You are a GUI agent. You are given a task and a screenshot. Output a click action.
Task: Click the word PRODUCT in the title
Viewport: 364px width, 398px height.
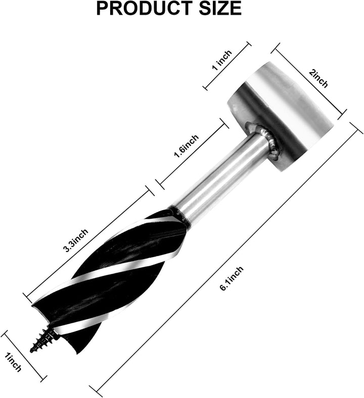click(x=144, y=8)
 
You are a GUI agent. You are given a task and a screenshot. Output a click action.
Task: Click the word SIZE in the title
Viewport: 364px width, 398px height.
click(x=220, y=8)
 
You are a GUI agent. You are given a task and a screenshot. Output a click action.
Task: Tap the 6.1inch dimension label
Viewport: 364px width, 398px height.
click(x=232, y=278)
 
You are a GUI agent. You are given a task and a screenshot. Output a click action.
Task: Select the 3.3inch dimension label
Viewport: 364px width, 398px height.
click(x=76, y=240)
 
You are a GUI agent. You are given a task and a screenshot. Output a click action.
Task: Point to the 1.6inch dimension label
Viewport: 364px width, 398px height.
click(x=186, y=146)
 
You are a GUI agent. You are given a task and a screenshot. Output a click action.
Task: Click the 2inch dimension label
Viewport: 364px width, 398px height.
click(x=318, y=78)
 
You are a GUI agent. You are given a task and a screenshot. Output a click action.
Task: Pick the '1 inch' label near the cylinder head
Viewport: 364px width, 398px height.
click(x=222, y=60)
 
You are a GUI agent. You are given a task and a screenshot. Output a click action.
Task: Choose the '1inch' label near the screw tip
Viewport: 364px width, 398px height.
click(x=13, y=364)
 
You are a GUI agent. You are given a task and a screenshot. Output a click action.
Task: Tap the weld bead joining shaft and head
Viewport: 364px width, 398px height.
click(x=267, y=138)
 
